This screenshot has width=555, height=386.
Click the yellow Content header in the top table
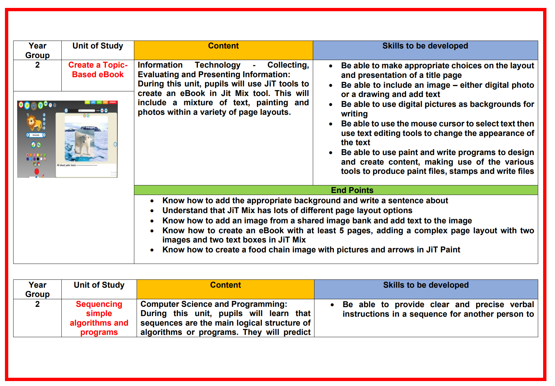223,46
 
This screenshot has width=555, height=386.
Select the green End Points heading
352,190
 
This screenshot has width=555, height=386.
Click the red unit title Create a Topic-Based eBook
98,70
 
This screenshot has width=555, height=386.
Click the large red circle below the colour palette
37,171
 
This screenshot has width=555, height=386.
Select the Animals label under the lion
36,135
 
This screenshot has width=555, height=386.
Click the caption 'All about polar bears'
66,165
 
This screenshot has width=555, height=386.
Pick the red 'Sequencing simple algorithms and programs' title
99,318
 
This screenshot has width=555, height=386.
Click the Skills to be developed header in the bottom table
426,285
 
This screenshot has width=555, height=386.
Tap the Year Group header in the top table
37,50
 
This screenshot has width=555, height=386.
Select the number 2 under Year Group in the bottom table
37,304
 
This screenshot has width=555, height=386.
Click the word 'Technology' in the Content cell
217,65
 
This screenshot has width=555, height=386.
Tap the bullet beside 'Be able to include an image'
331,85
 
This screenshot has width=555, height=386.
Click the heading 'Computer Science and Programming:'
214,304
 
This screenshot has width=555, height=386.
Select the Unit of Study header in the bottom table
99,285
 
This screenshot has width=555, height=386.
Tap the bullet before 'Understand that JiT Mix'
152,211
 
